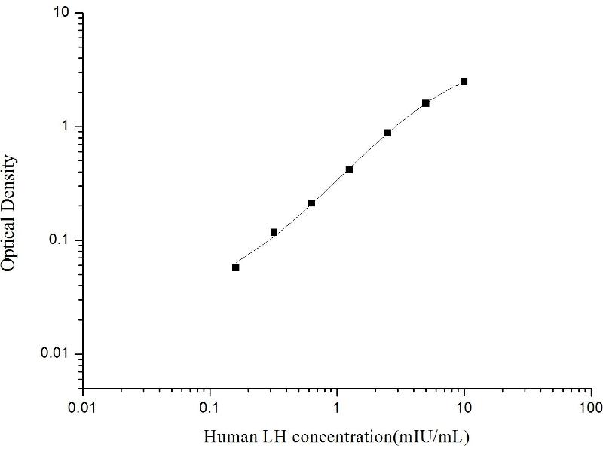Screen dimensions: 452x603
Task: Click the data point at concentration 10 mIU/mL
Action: tap(464, 81)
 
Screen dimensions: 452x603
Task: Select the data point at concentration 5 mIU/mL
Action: tap(426, 103)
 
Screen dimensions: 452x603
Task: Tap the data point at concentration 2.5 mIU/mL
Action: tap(387, 133)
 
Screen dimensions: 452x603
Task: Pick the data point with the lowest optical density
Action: tap(236, 267)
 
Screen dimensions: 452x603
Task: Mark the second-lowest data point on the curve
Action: tap(274, 232)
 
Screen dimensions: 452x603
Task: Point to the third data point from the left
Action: tap(311, 203)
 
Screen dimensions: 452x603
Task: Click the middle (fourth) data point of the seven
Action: tap(349, 169)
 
